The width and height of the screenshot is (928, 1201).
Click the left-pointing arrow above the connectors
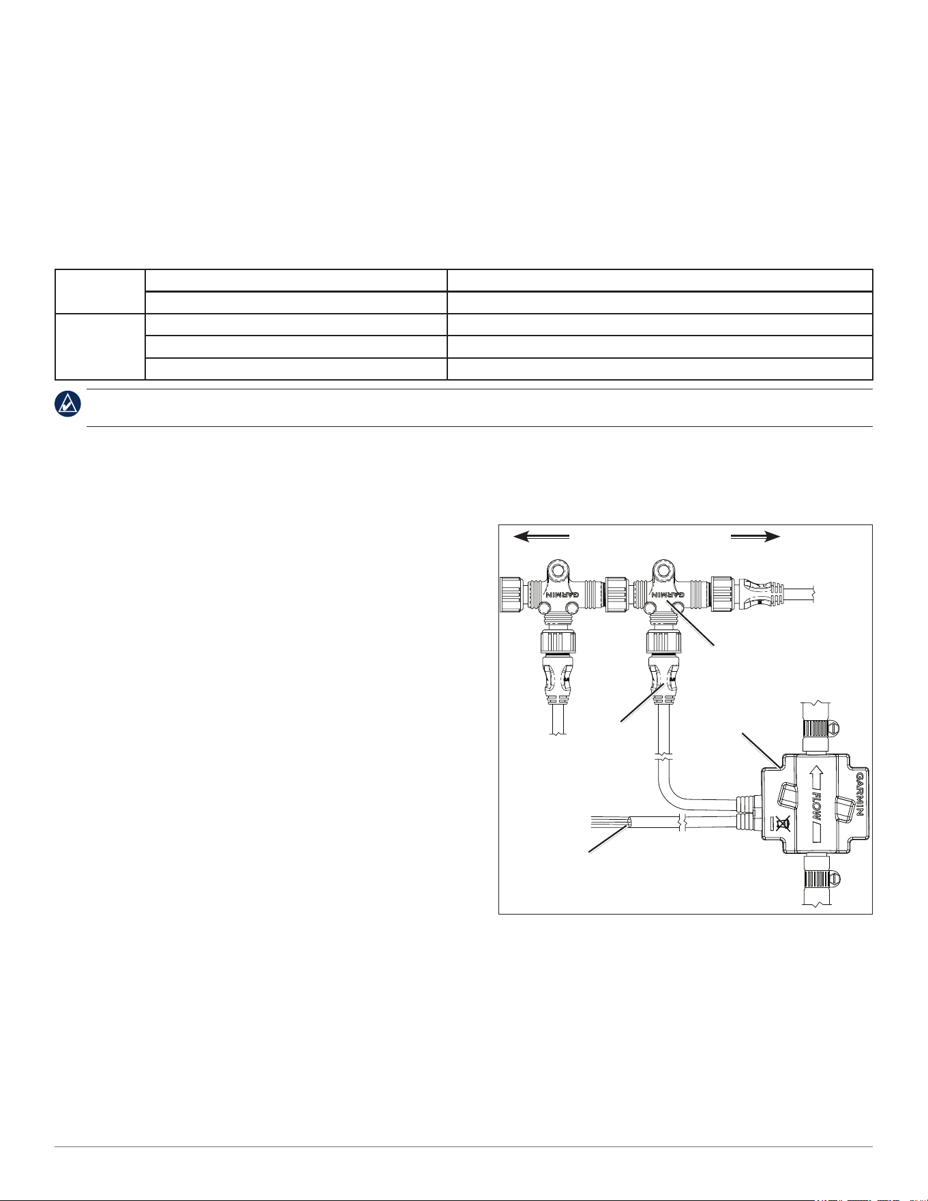541,537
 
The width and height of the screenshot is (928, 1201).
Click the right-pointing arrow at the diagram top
755,537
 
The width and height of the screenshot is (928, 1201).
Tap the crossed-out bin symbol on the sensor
783,824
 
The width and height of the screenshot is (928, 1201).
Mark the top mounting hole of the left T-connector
559,569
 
